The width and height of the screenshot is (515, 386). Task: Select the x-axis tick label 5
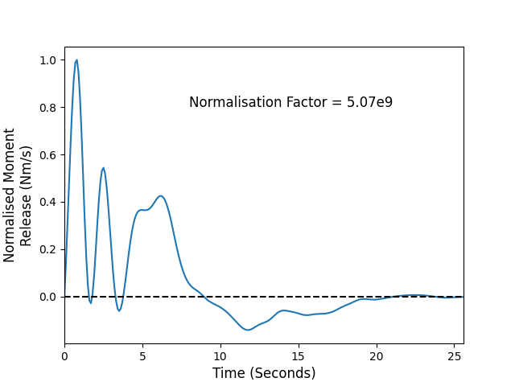tap(142, 356)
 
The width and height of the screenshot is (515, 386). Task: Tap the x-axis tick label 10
tap(220, 356)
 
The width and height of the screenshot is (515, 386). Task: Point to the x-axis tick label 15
tap(299, 356)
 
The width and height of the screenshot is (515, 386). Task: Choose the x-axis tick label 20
tap(377, 356)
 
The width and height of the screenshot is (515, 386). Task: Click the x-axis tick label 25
tap(454, 356)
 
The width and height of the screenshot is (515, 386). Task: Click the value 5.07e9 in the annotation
tap(370, 102)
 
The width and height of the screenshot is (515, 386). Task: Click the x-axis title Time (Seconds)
tap(264, 373)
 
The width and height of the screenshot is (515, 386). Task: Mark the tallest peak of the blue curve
tap(76, 60)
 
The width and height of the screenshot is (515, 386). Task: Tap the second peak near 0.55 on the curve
tap(103, 168)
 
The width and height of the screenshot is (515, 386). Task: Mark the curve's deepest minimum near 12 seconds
tap(248, 330)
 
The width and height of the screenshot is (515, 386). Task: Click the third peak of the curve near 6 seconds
tap(161, 196)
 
